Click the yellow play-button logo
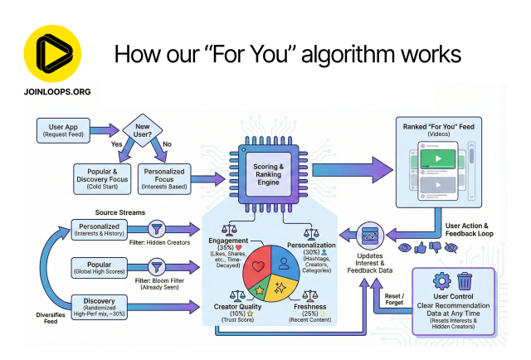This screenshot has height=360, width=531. (52, 51)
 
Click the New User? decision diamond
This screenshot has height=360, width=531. (142, 130)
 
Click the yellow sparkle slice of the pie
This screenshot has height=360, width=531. (280, 290)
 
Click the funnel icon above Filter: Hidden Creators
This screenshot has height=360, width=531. (155, 229)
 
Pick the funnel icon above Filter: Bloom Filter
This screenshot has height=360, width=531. (155, 267)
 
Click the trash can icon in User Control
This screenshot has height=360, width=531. (463, 282)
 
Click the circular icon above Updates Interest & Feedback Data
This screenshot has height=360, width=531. (370, 235)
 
